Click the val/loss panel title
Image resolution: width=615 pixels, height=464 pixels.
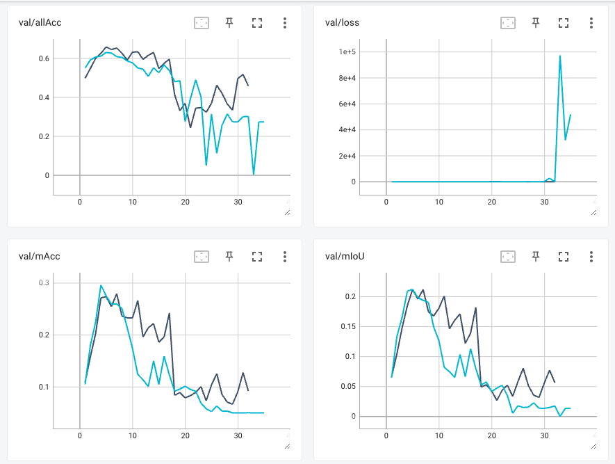click(342, 23)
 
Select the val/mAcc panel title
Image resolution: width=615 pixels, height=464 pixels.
click(40, 257)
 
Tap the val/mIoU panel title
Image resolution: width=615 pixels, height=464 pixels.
click(345, 257)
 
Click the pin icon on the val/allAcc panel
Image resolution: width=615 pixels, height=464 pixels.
click(229, 23)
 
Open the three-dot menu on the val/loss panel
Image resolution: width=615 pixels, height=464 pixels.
click(591, 23)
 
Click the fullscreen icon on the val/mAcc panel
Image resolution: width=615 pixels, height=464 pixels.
click(257, 257)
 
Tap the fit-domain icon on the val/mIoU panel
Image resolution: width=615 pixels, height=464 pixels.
click(508, 257)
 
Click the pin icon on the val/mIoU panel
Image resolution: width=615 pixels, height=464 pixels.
click(536, 257)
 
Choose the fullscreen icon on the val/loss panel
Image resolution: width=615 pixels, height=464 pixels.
click(564, 23)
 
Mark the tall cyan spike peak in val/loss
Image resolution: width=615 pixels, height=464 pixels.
click(560, 56)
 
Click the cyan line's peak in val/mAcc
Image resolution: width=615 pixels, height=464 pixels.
click(101, 285)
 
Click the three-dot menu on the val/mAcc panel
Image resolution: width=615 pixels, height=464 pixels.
click(285, 257)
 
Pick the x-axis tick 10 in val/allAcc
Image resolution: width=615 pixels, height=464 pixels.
click(133, 202)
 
